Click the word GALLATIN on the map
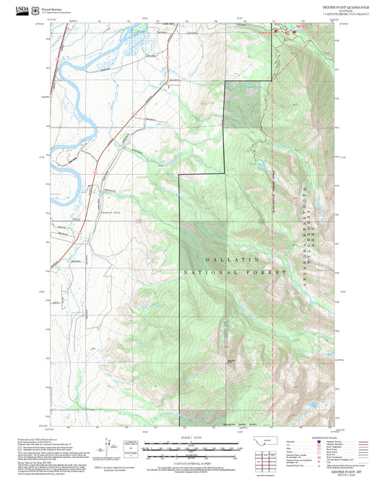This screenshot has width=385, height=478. pos(221,259)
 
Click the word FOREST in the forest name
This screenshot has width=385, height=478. pos(266,273)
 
